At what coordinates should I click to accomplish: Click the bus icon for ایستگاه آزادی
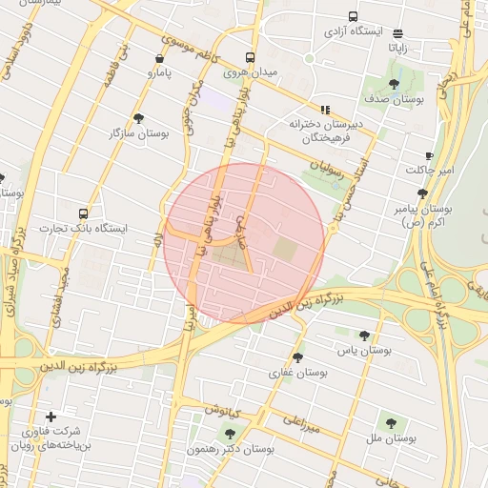pos(354,16)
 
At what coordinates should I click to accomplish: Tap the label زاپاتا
pos(397,46)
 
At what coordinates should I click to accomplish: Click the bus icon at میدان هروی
pos(250,57)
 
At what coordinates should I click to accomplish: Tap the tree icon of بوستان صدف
pos(394,85)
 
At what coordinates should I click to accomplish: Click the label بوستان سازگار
pos(139,133)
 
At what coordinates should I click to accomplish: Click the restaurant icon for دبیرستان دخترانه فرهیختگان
pos(325,110)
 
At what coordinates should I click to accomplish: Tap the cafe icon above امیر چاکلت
pos(429,155)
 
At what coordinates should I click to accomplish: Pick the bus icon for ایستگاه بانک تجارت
pos(83,213)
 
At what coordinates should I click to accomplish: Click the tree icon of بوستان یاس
pos(364,335)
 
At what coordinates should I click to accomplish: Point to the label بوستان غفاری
pos(299,373)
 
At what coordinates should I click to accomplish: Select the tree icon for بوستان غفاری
pos(299,358)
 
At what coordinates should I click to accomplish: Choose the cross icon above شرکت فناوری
pos(51,417)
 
